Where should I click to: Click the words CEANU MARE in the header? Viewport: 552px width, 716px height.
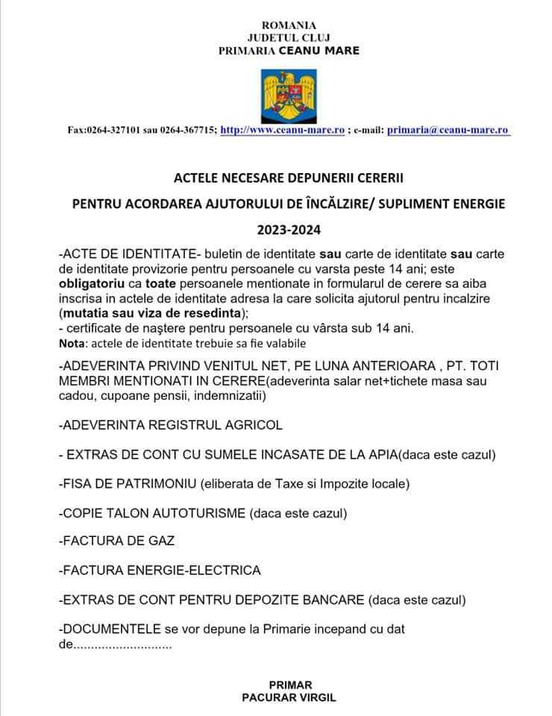[x=319, y=51]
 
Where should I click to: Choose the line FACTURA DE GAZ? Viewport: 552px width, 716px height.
[x=108, y=541]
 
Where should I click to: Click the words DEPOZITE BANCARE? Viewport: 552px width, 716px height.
[x=301, y=600]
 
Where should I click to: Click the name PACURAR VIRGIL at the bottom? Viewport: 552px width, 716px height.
[x=289, y=698]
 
